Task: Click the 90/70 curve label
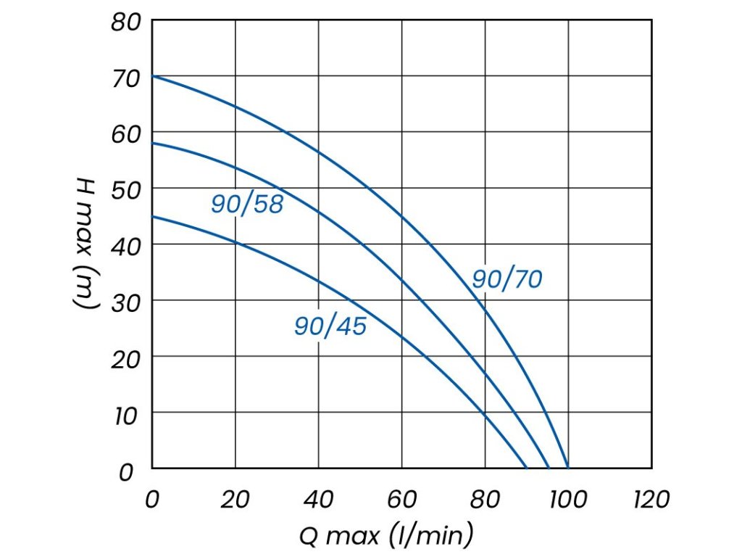507,279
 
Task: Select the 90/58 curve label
247,205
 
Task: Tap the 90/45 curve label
330,326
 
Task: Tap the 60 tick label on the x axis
401,499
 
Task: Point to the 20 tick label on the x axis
235,499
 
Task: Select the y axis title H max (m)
86,244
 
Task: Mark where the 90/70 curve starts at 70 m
152,76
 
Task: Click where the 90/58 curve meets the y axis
152,143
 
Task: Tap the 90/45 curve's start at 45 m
152,216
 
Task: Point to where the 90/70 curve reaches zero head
568,469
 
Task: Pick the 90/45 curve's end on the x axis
527,469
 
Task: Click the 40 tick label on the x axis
318,499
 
